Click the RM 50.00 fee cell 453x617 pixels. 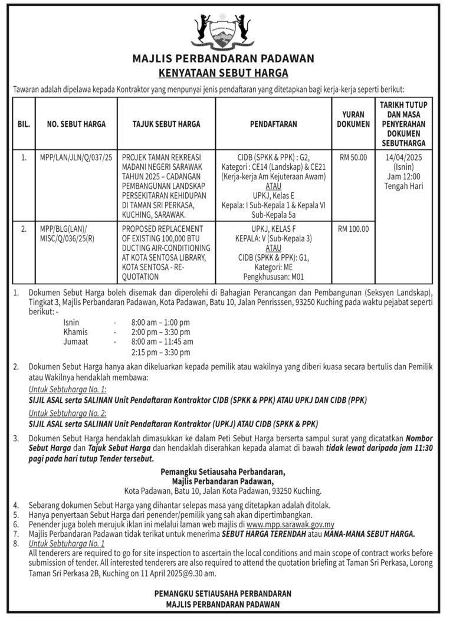(353, 158)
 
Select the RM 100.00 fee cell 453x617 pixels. (353, 229)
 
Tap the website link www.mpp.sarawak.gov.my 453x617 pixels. (290, 524)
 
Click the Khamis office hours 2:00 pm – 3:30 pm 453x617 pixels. (160, 332)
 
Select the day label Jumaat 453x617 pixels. (76, 342)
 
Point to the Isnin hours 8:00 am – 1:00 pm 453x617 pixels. (160, 323)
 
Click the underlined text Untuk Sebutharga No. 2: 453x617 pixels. (67, 414)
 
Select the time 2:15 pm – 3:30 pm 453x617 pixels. (160, 352)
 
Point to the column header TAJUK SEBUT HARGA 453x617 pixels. (166, 124)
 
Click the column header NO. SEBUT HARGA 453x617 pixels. (76, 124)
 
